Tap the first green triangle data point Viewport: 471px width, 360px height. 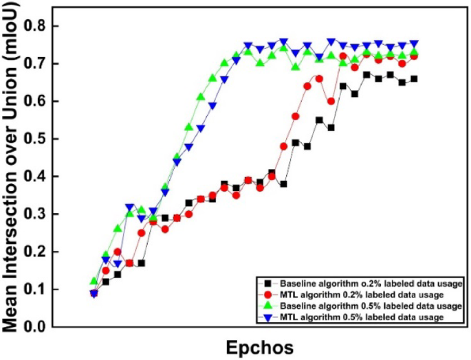[x=94, y=282]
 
